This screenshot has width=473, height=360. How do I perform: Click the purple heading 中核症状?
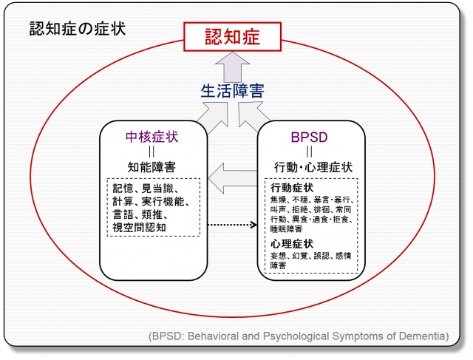152,137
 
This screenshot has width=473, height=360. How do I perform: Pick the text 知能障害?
152,166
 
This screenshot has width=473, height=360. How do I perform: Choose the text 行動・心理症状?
312,167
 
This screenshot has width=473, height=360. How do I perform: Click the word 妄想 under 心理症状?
279,256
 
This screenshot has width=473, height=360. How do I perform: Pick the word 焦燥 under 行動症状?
279,200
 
